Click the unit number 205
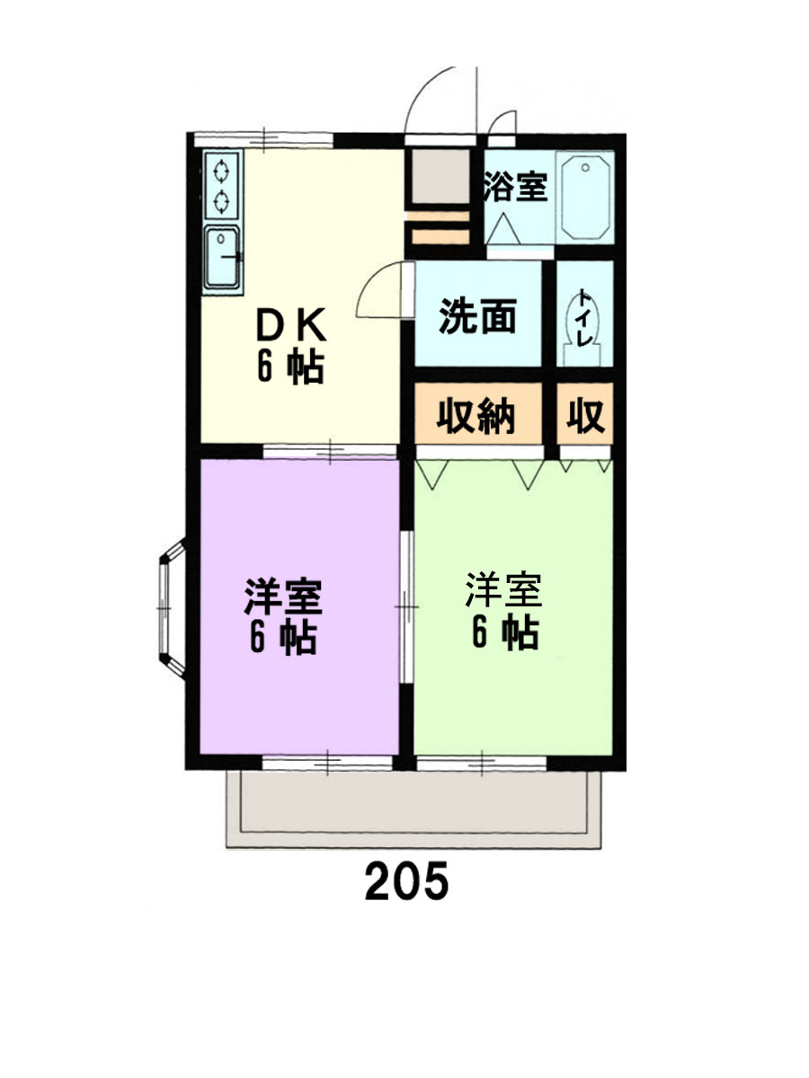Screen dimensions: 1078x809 [x=405, y=881]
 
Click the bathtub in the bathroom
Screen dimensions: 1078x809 [x=585, y=197]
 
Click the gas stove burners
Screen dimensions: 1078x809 [x=221, y=185]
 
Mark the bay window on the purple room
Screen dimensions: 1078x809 [x=169, y=608]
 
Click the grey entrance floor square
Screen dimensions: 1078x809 [x=438, y=177]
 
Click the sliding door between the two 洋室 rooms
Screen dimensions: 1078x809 [x=406, y=607]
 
